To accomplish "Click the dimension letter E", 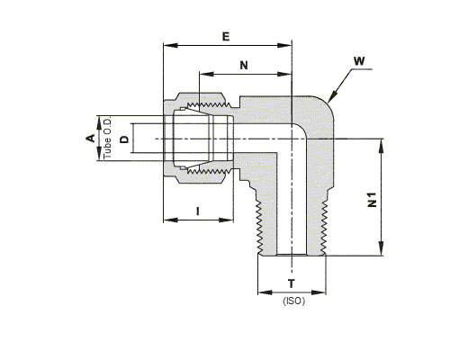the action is coord(226,37).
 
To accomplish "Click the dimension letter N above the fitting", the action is coord(244,65).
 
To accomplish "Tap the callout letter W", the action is coord(359,61).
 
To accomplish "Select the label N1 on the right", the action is coord(372,200).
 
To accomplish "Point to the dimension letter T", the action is coord(292,283).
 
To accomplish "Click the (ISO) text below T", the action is coord(294,301).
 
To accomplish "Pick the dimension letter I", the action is coord(197,211).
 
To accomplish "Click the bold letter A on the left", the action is coord(91,138).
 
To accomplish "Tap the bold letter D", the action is coord(124,139).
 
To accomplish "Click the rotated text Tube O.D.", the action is coord(107,138).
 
